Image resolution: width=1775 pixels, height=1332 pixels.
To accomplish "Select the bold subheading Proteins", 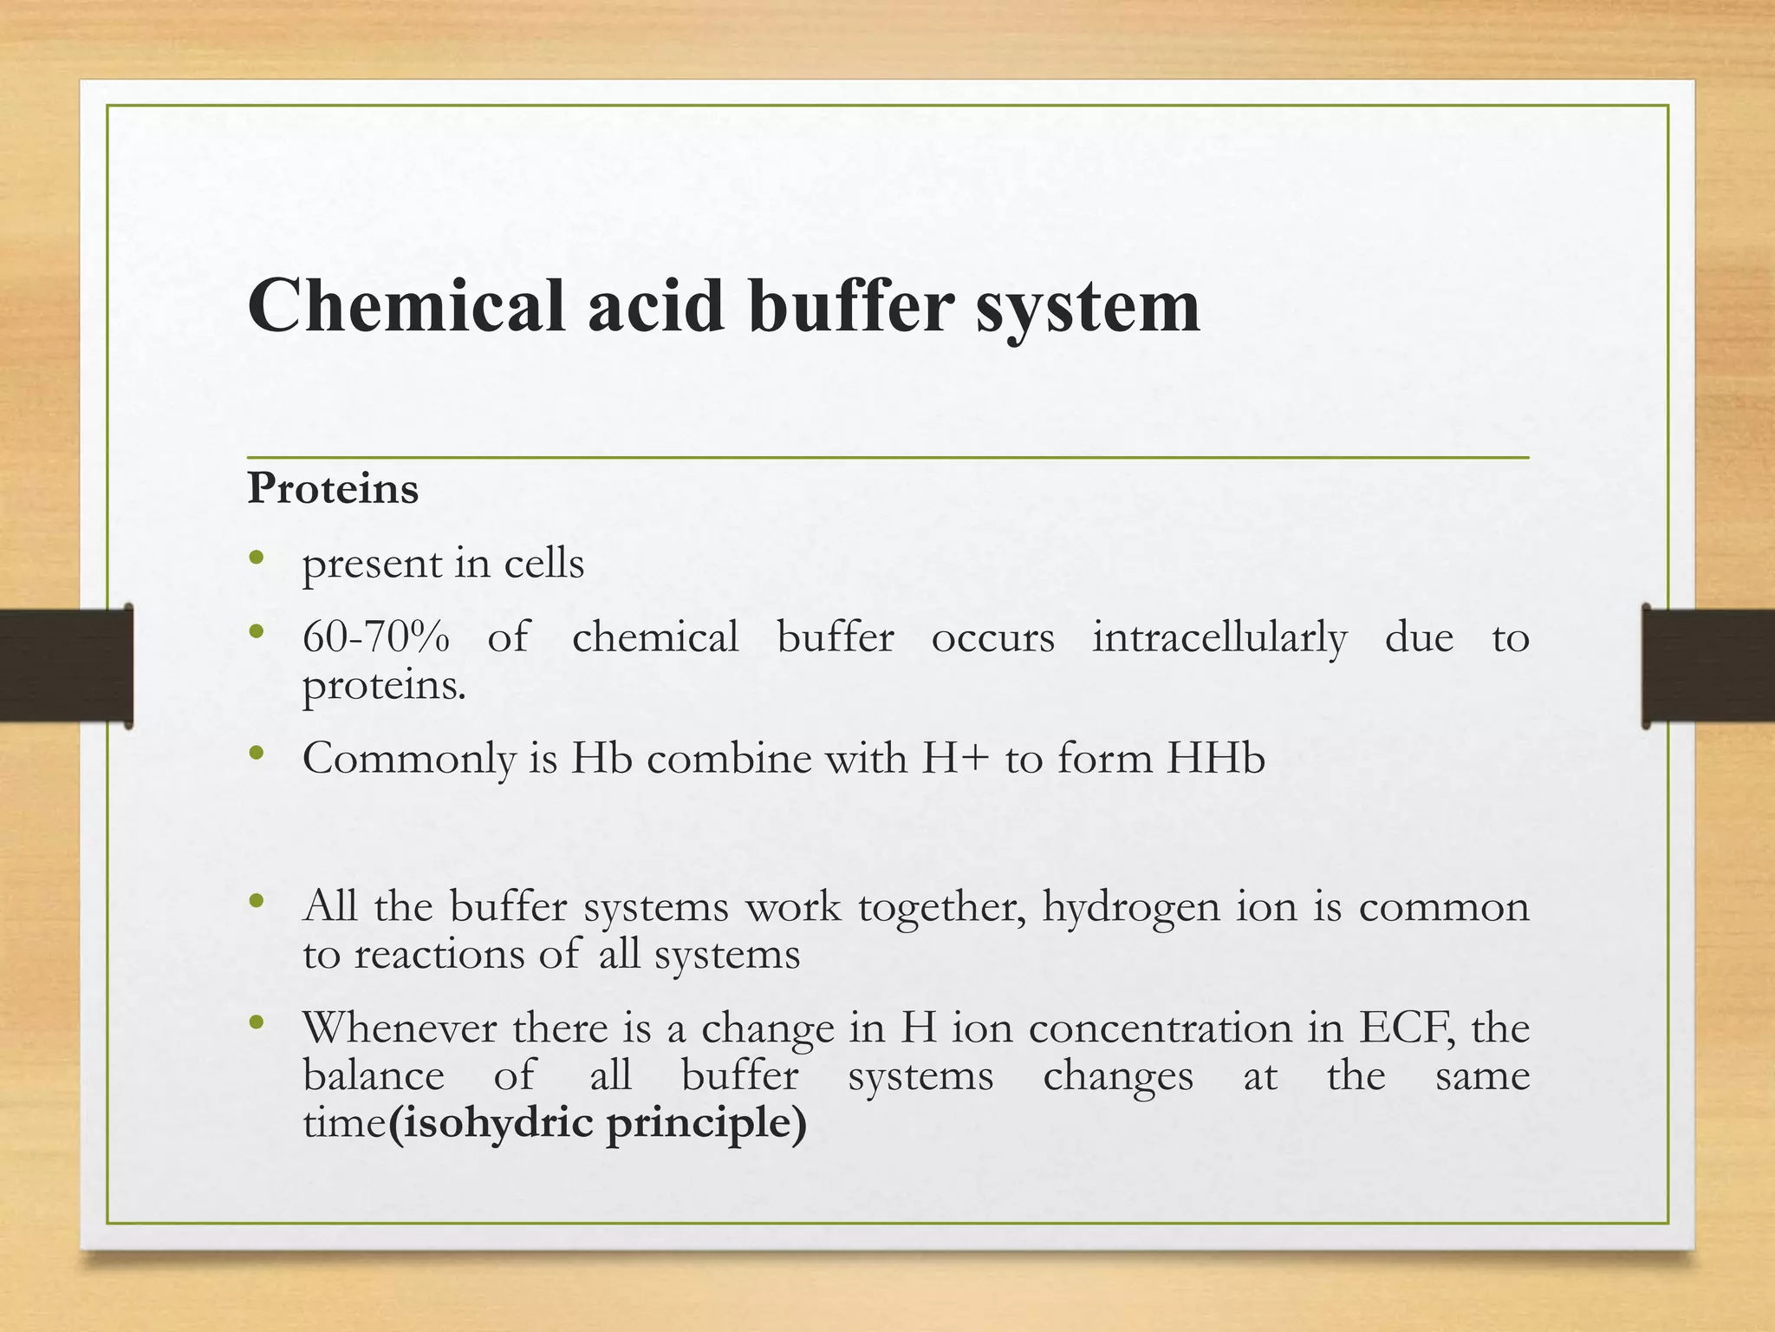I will [333, 488].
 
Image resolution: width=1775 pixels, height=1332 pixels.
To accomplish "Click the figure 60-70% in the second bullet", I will [376, 637].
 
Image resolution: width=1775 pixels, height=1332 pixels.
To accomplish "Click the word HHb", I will [1216, 758].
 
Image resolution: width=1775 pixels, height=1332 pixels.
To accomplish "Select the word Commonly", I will [409, 760].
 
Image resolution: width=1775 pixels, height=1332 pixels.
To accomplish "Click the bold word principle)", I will [706, 1125].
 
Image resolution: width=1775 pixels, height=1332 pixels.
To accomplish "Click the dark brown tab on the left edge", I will [66, 665].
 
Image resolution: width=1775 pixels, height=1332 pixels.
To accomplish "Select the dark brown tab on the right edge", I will [1708, 665].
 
